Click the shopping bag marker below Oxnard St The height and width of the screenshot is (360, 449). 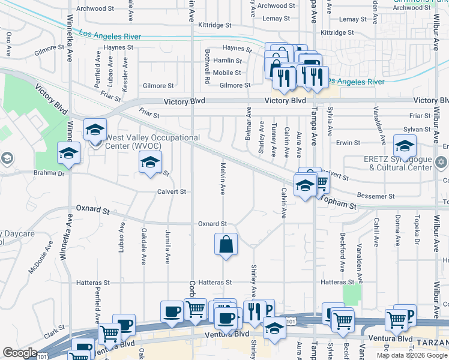click(226, 245)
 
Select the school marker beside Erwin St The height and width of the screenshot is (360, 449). click(405, 146)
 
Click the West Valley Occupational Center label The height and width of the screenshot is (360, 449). click(152, 142)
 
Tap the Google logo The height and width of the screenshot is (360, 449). click(20, 353)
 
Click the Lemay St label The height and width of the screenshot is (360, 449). click(276, 19)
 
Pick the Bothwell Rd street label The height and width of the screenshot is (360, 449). click(207, 67)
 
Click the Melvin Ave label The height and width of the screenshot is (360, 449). click(223, 178)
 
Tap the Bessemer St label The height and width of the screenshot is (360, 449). click(375, 196)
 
